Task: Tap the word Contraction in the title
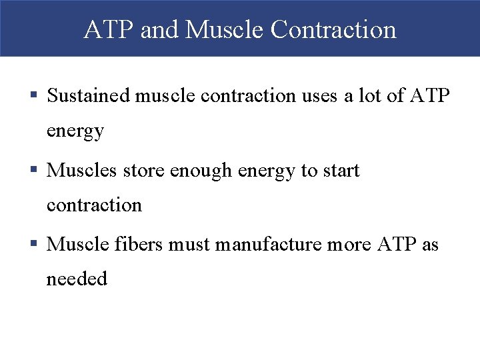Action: (334, 29)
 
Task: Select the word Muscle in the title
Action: (226, 29)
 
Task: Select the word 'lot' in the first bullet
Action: (369, 96)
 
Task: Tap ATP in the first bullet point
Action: (429, 96)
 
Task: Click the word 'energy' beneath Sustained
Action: (75, 131)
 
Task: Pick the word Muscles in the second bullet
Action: (82, 171)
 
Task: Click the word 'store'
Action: (145, 171)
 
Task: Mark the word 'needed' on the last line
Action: (77, 279)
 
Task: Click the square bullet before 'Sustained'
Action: (35, 97)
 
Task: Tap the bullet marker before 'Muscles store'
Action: (35, 171)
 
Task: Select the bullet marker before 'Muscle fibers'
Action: (35, 245)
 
